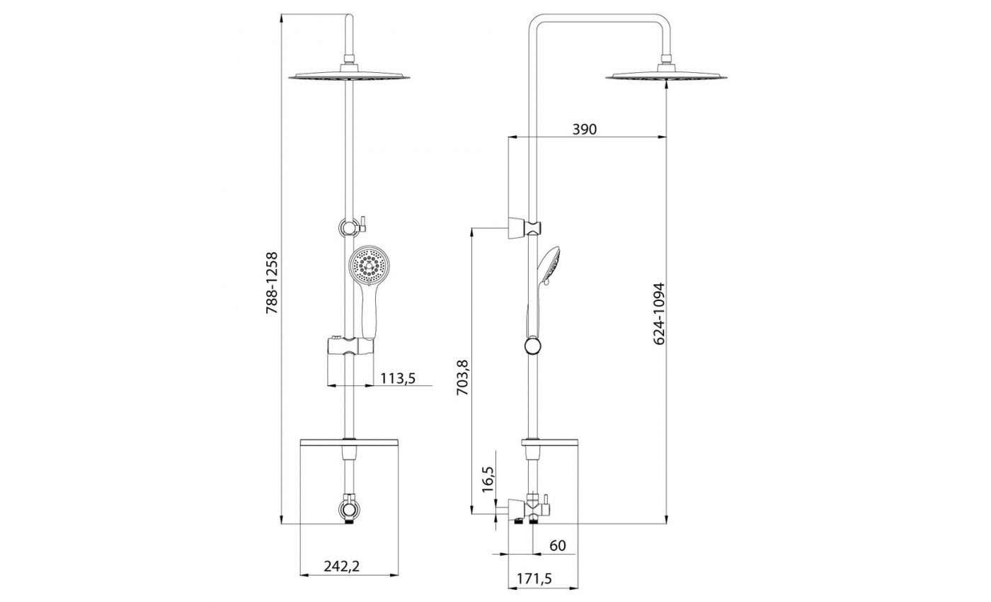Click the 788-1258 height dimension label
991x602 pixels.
tap(271, 283)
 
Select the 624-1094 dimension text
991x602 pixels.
tap(659, 314)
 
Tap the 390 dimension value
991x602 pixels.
tap(585, 129)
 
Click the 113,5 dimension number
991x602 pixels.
tap(398, 378)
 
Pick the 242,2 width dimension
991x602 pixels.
tap(341, 566)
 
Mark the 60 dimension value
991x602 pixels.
tap(558, 545)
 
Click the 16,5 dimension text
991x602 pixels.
tap(488, 479)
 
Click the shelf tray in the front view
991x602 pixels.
tap(350, 442)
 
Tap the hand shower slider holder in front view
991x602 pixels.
tap(350, 346)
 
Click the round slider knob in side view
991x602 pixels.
tap(532, 346)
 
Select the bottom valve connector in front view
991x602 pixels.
tap(350, 509)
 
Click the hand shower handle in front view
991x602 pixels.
tap(368, 313)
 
